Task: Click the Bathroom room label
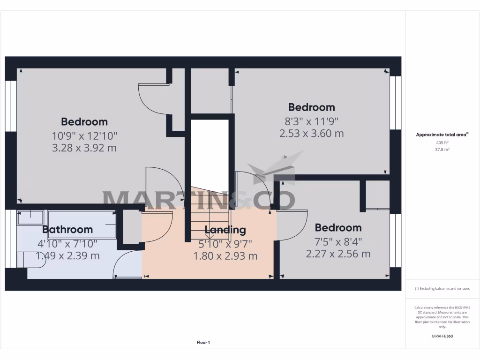click(x=67, y=230)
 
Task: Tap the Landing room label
click(x=225, y=230)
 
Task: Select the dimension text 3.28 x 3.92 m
click(x=84, y=148)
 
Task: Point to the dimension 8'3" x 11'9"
click(x=311, y=120)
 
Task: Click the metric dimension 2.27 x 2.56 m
click(x=338, y=254)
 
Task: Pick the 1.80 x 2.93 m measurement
click(x=225, y=256)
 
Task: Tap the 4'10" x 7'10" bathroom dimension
click(x=67, y=243)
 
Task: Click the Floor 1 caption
click(x=203, y=343)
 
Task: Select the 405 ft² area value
click(x=442, y=142)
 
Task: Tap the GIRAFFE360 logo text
click(x=442, y=336)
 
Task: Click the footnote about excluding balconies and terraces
click(x=442, y=289)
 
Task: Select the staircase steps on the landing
click(x=210, y=213)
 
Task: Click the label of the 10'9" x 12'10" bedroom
click(x=84, y=122)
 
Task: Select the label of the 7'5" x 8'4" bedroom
click(x=338, y=228)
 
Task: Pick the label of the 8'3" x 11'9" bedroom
click(x=311, y=107)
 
